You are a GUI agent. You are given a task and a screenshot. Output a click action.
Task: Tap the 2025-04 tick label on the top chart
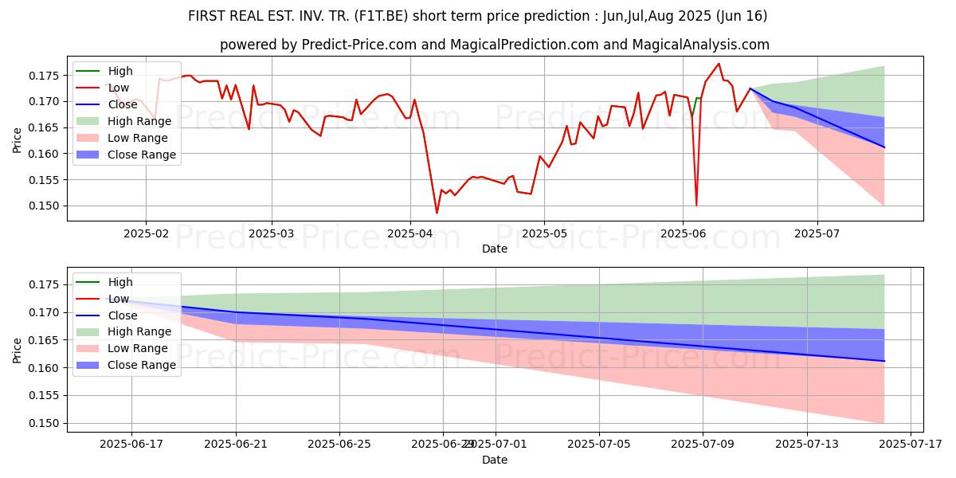tap(409, 233)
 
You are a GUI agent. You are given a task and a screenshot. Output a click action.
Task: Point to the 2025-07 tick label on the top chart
tap(817, 233)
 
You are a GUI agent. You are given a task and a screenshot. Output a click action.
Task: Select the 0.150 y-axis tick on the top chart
tap(46, 206)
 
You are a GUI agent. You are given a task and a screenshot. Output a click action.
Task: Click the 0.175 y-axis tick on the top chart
tap(46, 76)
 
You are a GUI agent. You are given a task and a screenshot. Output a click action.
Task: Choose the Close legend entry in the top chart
tap(123, 104)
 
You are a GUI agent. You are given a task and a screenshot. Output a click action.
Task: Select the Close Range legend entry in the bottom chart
tap(135, 365)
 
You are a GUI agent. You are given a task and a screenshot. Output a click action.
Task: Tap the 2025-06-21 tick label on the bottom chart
tap(236, 444)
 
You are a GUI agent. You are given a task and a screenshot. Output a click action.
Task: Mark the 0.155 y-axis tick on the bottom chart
tap(46, 396)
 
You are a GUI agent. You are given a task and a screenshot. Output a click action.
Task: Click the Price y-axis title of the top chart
tap(17, 141)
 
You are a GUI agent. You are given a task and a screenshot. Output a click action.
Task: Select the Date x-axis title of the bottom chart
tap(494, 460)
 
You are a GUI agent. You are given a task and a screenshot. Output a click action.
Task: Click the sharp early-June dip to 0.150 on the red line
tap(696, 206)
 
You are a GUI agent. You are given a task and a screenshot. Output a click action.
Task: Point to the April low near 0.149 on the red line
tap(437, 213)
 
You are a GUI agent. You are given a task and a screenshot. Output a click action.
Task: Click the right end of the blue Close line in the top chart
tap(884, 147)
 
